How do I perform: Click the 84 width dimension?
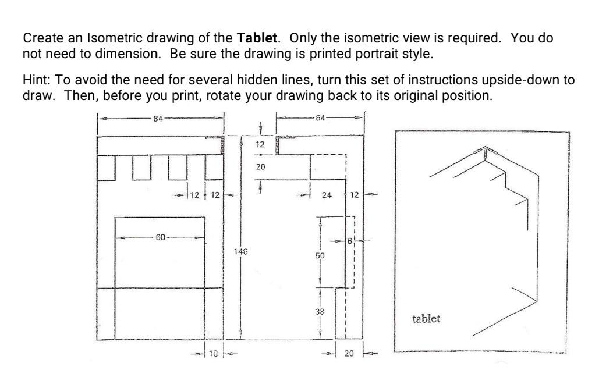pos(157,119)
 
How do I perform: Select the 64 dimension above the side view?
pos(320,119)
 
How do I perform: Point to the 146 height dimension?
pos(240,252)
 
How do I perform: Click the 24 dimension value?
pos(327,195)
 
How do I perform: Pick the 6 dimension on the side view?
pos(349,240)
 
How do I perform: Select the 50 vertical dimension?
pos(320,255)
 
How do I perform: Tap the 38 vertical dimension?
pos(320,312)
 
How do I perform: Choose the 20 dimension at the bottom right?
pos(349,353)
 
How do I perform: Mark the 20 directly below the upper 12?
pos(260,168)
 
